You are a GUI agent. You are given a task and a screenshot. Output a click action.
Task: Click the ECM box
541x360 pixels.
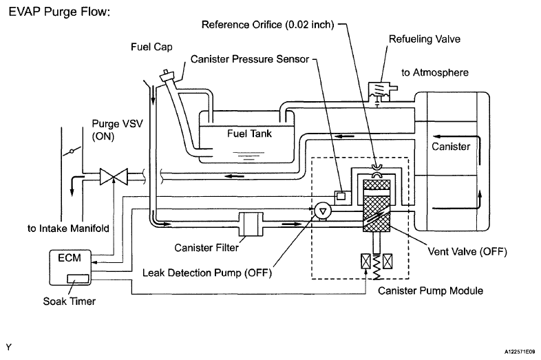pyautogui.click(x=70, y=267)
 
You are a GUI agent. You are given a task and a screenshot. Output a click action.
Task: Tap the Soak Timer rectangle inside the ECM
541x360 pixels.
pyautogui.click(x=78, y=279)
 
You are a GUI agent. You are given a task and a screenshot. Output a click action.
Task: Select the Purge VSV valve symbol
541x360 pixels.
pyautogui.click(x=114, y=177)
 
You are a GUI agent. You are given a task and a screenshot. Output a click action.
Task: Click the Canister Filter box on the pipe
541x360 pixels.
pyautogui.click(x=251, y=224)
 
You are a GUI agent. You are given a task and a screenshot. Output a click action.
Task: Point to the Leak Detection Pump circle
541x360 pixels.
pyautogui.click(x=323, y=211)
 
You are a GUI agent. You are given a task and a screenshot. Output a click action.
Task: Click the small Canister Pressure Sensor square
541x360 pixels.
pyautogui.click(x=341, y=196)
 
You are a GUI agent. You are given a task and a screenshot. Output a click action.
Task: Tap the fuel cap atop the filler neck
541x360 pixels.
pyautogui.click(x=168, y=76)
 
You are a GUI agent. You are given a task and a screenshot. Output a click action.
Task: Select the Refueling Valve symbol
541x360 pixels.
pyautogui.click(x=379, y=92)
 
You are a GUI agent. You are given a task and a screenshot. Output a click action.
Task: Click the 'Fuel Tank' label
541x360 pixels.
pyautogui.click(x=249, y=134)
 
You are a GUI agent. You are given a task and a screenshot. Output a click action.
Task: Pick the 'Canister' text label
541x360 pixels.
pyautogui.click(x=451, y=147)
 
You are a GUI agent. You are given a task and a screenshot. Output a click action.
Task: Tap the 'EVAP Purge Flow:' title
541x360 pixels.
pyautogui.click(x=59, y=12)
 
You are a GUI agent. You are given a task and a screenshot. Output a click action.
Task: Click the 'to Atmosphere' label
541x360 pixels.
pyautogui.click(x=435, y=72)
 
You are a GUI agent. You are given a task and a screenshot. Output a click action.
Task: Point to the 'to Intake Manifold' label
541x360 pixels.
pyautogui.click(x=68, y=229)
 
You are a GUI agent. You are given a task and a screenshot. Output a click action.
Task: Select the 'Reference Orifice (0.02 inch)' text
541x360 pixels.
pyautogui.click(x=268, y=25)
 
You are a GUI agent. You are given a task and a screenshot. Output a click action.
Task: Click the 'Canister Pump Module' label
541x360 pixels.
pyautogui.click(x=430, y=290)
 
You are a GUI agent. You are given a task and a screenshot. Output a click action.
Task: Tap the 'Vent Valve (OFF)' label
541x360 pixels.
pyautogui.click(x=467, y=251)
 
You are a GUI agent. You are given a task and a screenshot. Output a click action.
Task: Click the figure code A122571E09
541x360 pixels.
pyautogui.click(x=520, y=352)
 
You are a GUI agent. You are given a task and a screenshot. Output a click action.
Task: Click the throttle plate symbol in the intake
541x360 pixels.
pyautogui.click(x=72, y=151)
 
